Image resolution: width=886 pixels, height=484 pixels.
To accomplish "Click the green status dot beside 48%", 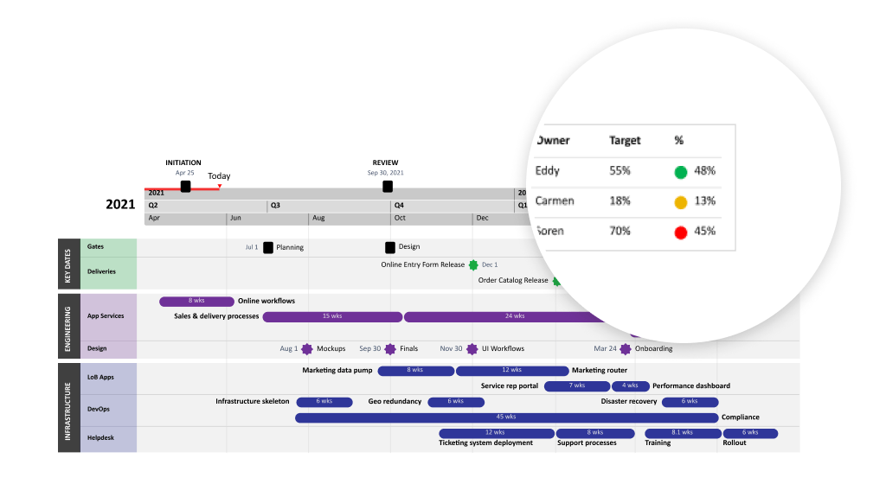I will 681,171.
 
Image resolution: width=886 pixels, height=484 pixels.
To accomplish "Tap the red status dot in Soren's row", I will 681,232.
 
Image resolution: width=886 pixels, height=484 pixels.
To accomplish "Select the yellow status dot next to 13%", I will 681,201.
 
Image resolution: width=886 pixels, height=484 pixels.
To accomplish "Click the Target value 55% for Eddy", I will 620,171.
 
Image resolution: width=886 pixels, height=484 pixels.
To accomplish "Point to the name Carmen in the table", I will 555,201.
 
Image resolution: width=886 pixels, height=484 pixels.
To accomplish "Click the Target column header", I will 625,140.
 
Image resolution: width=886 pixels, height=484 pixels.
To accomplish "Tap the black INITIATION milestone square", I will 185,186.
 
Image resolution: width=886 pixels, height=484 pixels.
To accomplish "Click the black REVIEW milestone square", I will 388,186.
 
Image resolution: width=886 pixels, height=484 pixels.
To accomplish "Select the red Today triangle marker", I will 220,186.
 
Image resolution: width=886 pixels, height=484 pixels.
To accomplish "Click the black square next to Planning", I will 268,247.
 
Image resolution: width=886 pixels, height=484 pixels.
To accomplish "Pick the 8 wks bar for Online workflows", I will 196,302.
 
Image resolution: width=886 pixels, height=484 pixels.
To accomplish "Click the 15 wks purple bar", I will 331,316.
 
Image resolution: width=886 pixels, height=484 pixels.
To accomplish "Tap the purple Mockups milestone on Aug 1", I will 306,349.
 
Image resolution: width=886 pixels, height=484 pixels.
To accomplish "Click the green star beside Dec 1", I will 473,265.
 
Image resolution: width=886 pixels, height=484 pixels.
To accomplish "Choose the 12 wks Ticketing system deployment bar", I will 495,433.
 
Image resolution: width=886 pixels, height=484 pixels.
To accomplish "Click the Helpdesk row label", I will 97,438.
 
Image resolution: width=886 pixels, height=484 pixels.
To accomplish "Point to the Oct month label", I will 400,219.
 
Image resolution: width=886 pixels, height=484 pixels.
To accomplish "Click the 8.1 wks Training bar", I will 681,433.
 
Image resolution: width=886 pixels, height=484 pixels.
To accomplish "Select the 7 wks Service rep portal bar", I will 577,386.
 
